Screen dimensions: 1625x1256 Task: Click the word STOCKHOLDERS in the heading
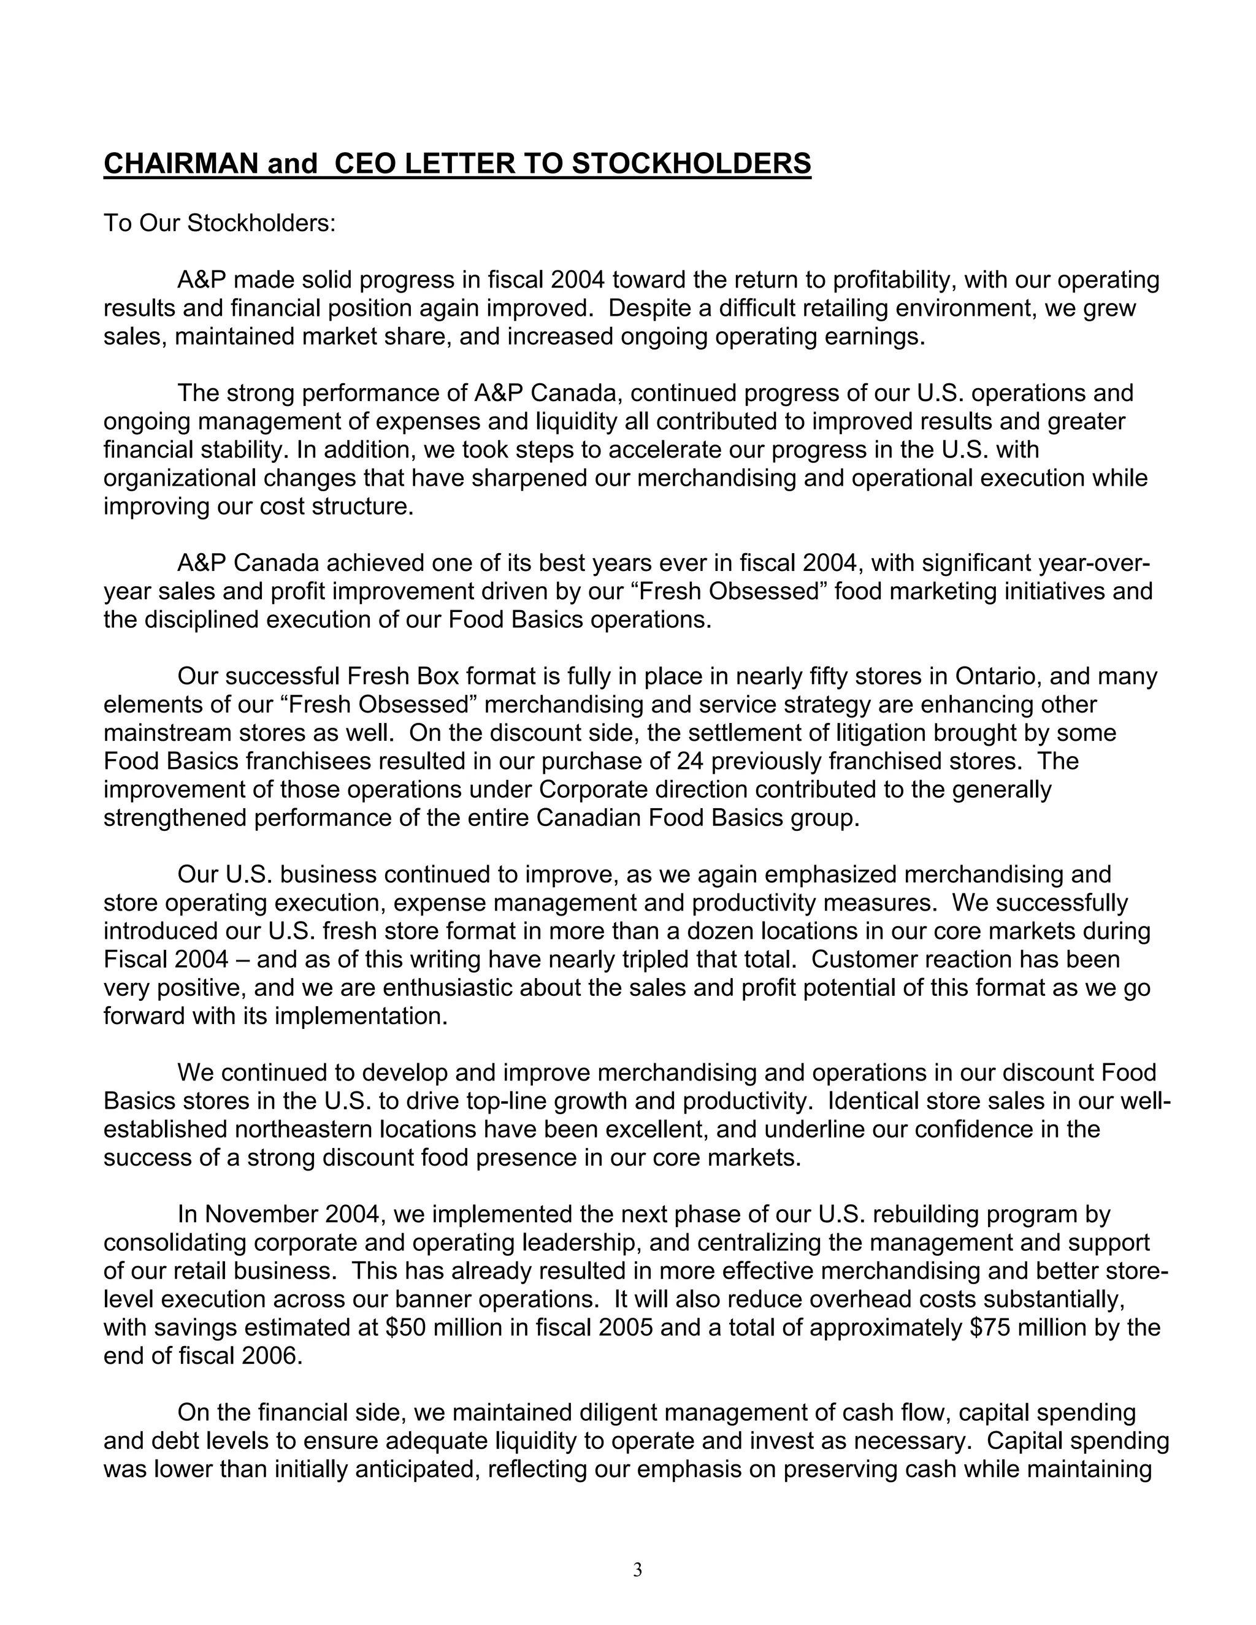pos(691,163)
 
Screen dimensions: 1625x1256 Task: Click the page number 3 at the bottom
pos(637,1570)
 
